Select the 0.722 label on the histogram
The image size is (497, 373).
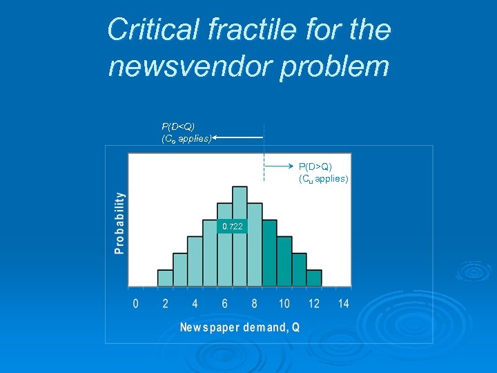pyautogui.click(x=232, y=227)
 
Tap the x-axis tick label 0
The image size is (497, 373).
pyautogui.click(x=135, y=304)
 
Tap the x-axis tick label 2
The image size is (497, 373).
pyautogui.click(x=166, y=304)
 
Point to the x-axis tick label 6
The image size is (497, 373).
pyautogui.click(x=225, y=304)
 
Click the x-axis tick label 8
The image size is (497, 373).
pyautogui.click(x=255, y=304)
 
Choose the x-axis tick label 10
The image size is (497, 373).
pyautogui.click(x=284, y=304)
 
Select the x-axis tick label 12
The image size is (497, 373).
pyautogui.click(x=314, y=304)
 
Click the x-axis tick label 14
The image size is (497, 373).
pyautogui.click(x=343, y=304)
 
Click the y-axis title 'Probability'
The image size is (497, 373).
pyautogui.click(x=120, y=223)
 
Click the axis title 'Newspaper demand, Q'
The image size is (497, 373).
pyautogui.click(x=240, y=327)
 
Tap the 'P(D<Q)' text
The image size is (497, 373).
pyautogui.click(x=178, y=126)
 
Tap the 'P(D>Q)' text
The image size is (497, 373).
pyautogui.click(x=315, y=166)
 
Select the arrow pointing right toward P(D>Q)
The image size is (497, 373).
pyautogui.click(x=279, y=166)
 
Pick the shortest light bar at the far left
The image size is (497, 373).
pyautogui.click(x=165, y=278)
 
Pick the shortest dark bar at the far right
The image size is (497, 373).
pyautogui.click(x=314, y=278)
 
